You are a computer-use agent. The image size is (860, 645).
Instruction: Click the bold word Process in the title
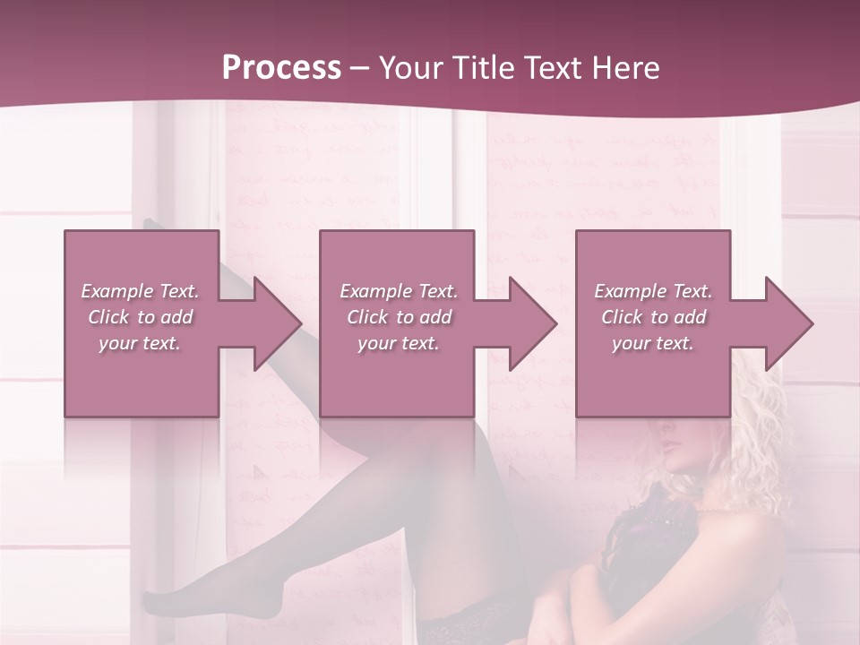tap(281, 67)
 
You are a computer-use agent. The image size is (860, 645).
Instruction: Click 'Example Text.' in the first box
tap(140, 291)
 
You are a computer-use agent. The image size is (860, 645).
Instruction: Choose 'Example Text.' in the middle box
tap(399, 291)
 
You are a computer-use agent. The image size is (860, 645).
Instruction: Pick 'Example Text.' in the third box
tap(653, 291)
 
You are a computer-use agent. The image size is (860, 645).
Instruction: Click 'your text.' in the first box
tap(140, 343)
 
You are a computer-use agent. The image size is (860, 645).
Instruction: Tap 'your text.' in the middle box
tap(399, 343)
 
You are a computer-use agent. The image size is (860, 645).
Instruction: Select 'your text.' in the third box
tap(653, 343)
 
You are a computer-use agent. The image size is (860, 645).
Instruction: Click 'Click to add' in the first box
tap(140, 317)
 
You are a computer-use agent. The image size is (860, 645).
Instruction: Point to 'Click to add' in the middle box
tap(399, 317)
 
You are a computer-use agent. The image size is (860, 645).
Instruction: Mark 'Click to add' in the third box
tap(653, 317)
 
